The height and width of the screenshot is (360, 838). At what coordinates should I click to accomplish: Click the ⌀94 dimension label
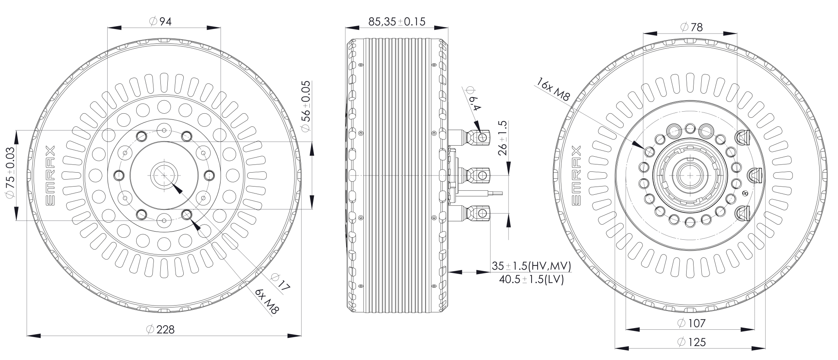pos(160,21)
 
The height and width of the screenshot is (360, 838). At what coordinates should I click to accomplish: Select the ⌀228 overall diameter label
pos(160,329)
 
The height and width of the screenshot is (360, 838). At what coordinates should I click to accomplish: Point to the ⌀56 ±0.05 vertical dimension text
pos(306,106)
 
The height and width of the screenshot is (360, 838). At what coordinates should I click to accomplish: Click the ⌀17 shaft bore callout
pos(281,282)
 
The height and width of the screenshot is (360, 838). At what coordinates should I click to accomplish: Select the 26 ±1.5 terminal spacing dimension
pos(503,137)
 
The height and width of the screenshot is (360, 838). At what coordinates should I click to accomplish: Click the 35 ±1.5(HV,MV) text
pos(531,266)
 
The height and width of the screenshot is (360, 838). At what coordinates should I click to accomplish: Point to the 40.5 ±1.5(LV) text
pos(531,279)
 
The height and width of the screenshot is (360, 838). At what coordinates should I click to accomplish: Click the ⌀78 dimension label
pos(692,27)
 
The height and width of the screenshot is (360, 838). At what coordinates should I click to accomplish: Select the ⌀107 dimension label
pos(692,323)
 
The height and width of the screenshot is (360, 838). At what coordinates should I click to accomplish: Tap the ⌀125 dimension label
pos(692,342)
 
